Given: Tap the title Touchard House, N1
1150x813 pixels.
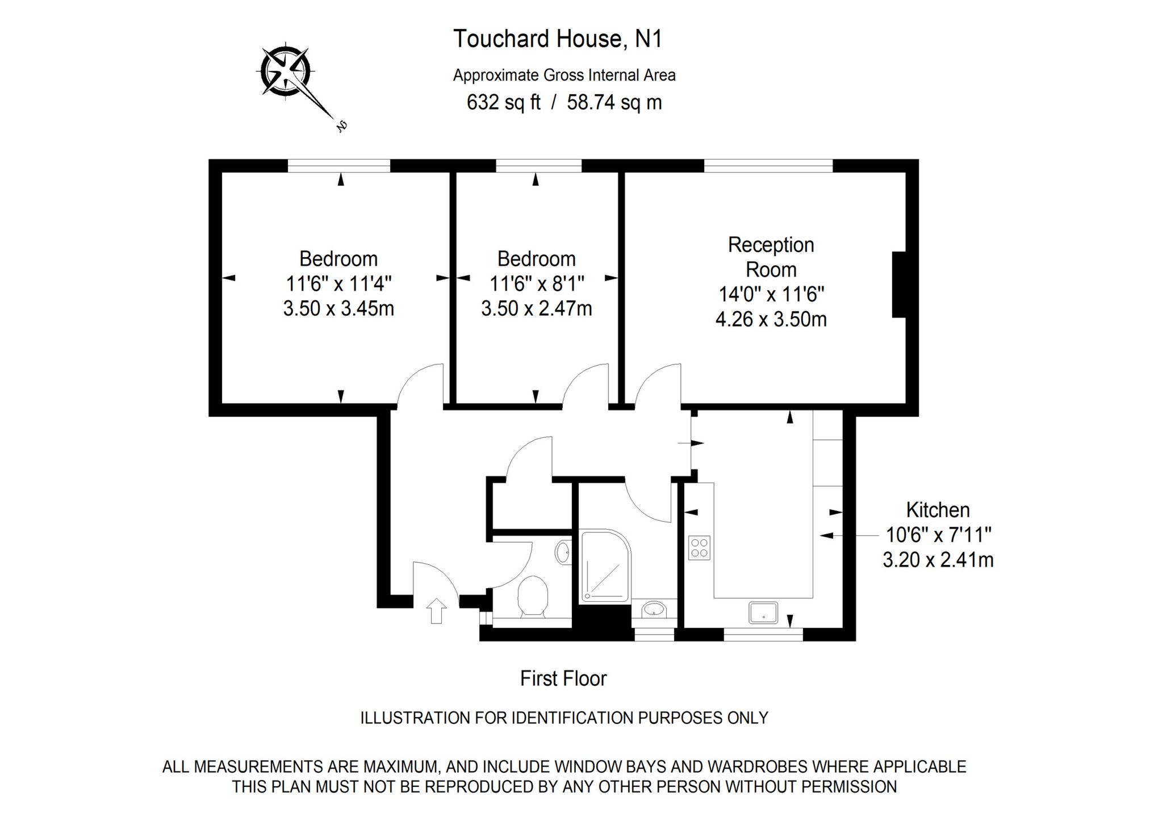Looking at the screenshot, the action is (x=558, y=39).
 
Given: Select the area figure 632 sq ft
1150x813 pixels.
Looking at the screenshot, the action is (x=503, y=102).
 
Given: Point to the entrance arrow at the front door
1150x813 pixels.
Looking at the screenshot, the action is (x=436, y=611).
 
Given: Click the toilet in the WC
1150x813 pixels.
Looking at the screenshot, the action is (x=533, y=596).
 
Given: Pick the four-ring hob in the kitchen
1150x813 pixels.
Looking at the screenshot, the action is (x=699, y=548).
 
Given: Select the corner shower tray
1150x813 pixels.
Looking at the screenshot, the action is (x=605, y=566).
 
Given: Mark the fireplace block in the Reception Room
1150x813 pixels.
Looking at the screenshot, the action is (x=899, y=284).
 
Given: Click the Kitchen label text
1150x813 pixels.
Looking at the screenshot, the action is (x=938, y=510).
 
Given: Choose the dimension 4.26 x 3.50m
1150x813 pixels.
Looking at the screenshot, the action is (x=771, y=319).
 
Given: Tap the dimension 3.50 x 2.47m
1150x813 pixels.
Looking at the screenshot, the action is (x=536, y=308).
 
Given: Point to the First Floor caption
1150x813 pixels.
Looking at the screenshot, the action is (x=563, y=678).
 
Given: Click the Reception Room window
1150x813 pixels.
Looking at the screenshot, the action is (x=768, y=165).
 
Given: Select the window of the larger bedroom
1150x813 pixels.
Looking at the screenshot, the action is (x=339, y=165).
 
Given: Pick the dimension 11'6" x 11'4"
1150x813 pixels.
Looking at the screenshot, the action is (x=338, y=283).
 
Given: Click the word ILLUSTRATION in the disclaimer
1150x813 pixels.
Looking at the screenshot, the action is (x=415, y=718).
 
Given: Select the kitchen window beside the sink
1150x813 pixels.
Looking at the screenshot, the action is (x=763, y=634).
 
